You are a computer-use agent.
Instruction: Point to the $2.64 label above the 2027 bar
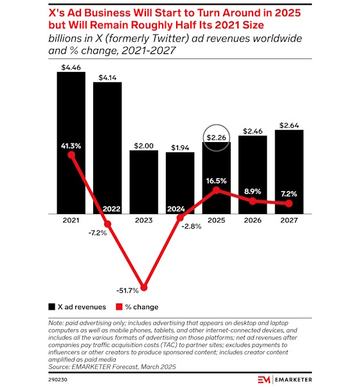click(x=289, y=124)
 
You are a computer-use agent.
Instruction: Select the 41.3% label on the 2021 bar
click(x=71, y=146)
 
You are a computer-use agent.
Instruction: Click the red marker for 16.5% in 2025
click(x=217, y=190)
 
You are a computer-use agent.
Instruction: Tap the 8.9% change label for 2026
click(x=253, y=191)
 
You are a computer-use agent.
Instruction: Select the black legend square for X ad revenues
click(x=51, y=307)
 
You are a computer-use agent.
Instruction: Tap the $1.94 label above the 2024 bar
click(x=180, y=147)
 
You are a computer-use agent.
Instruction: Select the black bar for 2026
click(x=253, y=177)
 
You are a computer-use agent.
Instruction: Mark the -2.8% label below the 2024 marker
click(x=191, y=226)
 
